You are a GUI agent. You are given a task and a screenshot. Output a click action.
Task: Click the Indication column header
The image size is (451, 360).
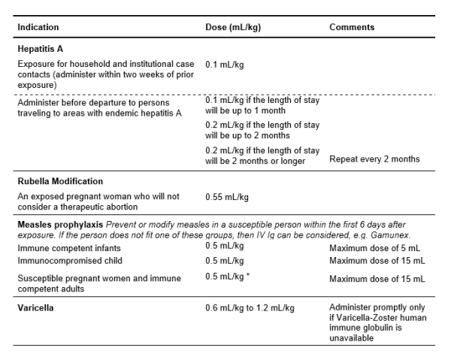click(x=38, y=28)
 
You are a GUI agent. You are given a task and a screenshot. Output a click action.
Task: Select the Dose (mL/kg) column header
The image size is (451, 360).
click(x=234, y=28)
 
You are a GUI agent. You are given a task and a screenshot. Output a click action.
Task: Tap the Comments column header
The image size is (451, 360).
click(x=352, y=28)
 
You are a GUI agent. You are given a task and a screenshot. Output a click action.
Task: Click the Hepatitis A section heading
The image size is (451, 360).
click(x=42, y=49)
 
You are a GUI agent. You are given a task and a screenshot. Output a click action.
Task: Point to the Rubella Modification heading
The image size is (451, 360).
click(x=60, y=181)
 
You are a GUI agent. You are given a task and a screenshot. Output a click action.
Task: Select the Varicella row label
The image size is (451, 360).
click(x=38, y=308)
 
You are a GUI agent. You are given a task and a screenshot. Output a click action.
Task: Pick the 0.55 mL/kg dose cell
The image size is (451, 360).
click(x=227, y=197)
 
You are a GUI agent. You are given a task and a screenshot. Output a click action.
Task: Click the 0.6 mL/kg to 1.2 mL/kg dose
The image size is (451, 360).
click(x=250, y=308)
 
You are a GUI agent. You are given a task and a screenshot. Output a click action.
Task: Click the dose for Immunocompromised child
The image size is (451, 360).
click(x=225, y=260)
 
